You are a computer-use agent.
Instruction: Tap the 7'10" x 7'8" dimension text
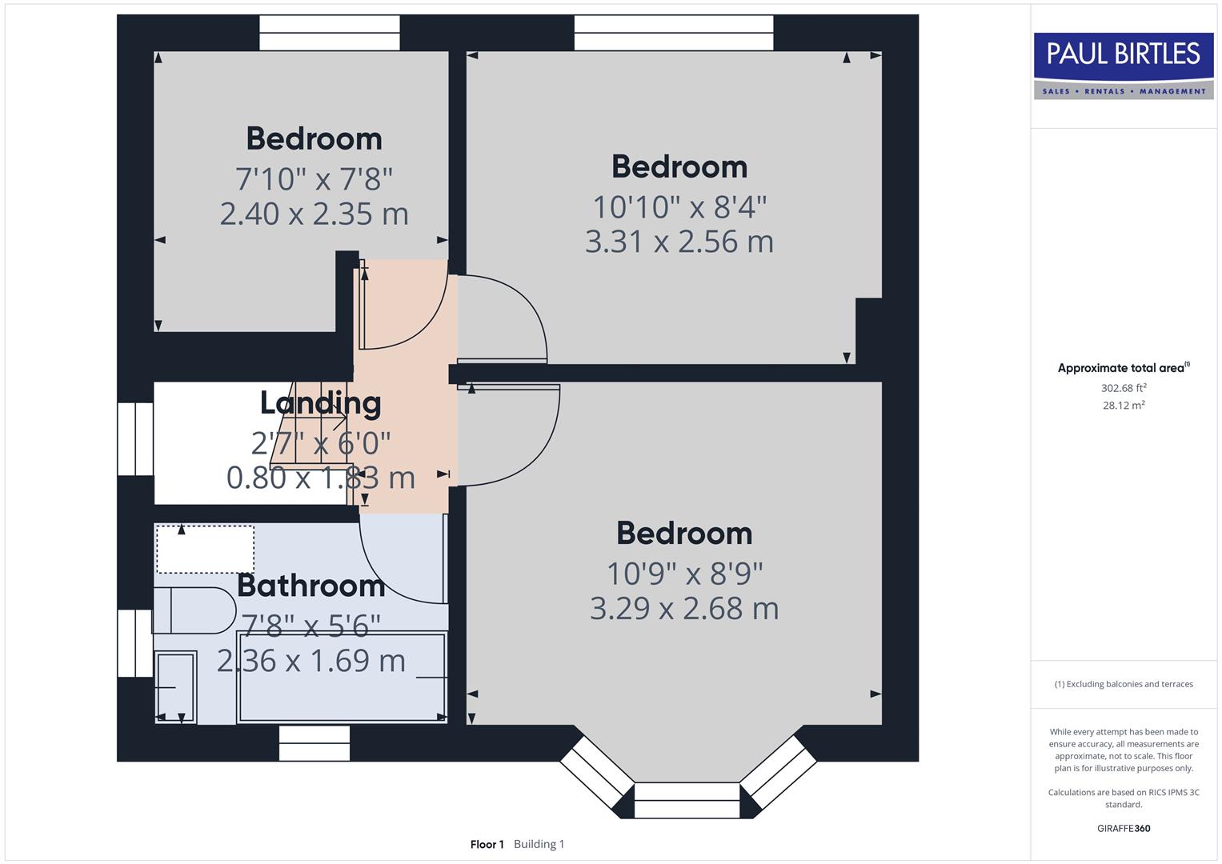(x=314, y=178)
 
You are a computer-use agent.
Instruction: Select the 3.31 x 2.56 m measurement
(x=679, y=242)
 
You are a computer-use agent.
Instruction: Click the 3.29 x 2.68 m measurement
(x=684, y=609)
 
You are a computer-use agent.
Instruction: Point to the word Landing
(x=320, y=402)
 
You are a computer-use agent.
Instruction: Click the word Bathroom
(x=311, y=586)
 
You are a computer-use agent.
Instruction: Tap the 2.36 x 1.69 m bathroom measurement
(x=311, y=661)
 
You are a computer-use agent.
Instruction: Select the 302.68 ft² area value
(x=1123, y=388)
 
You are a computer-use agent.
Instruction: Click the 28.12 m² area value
(x=1123, y=406)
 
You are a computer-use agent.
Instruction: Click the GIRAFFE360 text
(x=1123, y=828)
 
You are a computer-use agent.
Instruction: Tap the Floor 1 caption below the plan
(x=487, y=844)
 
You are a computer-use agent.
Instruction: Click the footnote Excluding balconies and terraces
(x=1123, y=684)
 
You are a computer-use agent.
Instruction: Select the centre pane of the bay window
(x=687, y=801)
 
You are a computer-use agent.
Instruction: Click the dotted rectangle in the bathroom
(x=205, y=550)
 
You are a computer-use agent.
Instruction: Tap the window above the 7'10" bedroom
(x=329, y=33)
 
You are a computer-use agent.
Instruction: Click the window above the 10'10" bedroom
(x=674, y=33)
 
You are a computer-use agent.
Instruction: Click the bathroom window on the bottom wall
(x=315, y=743)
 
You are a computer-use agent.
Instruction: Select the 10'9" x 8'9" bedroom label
(x=684, y=573)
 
